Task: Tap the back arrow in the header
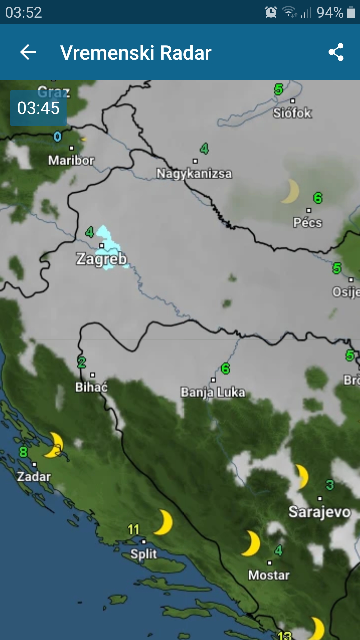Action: point(28,52)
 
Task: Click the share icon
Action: point(336,52)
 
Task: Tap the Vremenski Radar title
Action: point(136,53)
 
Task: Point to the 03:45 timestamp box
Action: point(38,108)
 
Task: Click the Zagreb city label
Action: point(101,259)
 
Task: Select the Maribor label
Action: point(71,160)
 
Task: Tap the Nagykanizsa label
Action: point(194,173)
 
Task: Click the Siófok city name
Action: point(292,113)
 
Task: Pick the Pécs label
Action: point(308,222)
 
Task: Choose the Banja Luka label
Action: point(213,392)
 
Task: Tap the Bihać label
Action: point(91,387)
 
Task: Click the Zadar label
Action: point(34,476)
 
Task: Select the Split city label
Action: point(144,554)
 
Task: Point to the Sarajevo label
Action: point(319,512)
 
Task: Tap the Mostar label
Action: point(269,575)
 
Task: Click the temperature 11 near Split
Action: point(133,529)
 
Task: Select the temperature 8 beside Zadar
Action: point(23,452)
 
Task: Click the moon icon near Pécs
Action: point(291,191)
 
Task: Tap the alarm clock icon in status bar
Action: point(271,12)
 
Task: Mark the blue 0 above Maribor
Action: point(57,137)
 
